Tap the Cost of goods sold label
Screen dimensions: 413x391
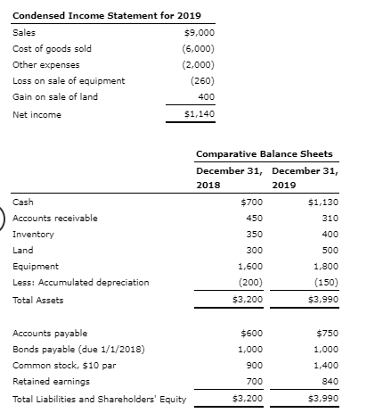(x=52, y=48)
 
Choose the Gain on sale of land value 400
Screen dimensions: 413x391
(x=205, y=96)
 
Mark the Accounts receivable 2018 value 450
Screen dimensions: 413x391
(x=253, y=218)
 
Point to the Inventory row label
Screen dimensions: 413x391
(x=33, y=234)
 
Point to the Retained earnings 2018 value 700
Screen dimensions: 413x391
(x=253, y=381)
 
